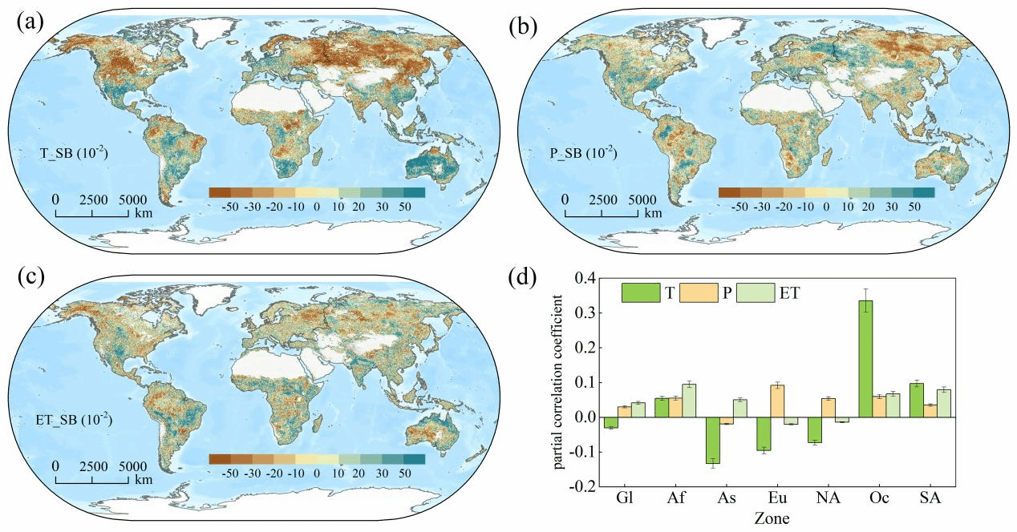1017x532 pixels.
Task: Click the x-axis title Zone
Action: pos(772,517)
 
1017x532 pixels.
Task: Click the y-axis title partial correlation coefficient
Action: pos(558,382)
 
